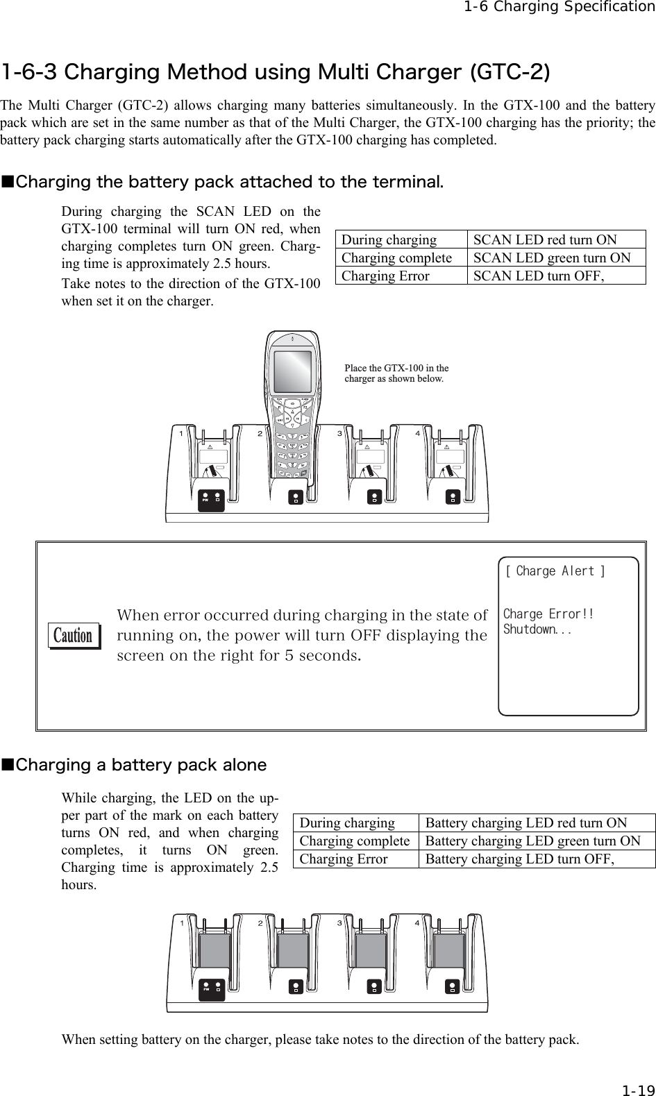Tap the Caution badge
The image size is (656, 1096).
pos(74,636)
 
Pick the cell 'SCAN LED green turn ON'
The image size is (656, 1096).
pos(552,258)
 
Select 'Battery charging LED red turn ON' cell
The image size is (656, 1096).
pos(525,823)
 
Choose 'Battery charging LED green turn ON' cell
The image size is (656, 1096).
pos(532,841)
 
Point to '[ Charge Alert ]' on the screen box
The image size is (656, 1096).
pos(554,572)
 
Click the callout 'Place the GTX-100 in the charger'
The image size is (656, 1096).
pos(396,373)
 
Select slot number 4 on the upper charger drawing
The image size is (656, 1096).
pos(418,434)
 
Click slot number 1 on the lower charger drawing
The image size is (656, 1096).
pos(182,923)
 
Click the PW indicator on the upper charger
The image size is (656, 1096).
pos(205,498)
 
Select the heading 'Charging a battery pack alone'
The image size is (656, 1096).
pos(141,766)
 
